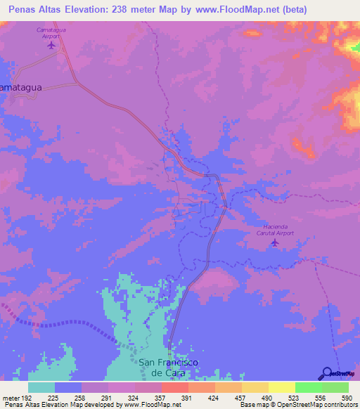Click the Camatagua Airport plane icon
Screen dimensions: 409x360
click(x=51, y=46)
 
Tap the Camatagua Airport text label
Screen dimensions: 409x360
click(x=51, y=34)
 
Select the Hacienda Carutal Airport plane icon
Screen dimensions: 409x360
click(x=274, y=243)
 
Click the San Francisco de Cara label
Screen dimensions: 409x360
click(x=168, y=367)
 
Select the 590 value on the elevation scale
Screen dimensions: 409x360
click(x=347, y=397)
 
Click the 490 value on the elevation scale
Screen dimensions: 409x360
click(x=267, y=397)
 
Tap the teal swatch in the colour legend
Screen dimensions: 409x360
click(x=41, y=387)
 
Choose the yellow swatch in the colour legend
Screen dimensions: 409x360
click(x=282, y=387)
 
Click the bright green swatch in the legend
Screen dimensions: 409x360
click(x=309, y=387)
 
